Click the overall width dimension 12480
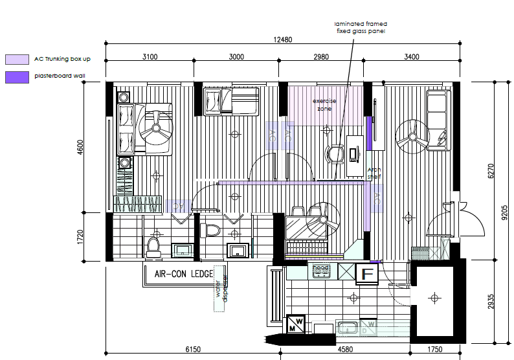(283, 39)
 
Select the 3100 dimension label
(150, 57)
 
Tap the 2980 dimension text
(321, 57)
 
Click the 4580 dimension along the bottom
(344, 350)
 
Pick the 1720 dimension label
(80, 236)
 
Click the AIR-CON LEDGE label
(184, 274)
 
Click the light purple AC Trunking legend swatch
(17, 60)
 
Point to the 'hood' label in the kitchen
(321, 267)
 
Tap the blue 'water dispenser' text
(222, 289)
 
